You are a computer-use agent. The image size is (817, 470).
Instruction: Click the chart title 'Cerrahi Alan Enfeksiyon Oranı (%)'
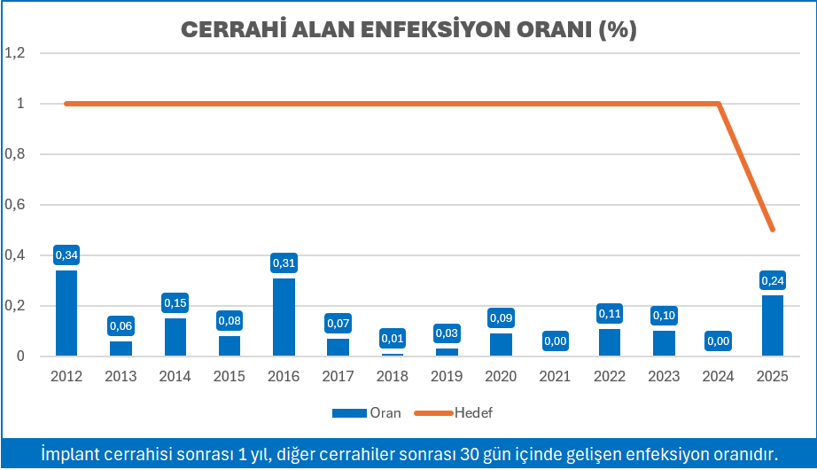(x=408, y=28)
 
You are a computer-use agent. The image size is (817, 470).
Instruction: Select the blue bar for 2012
(x=66, y=313)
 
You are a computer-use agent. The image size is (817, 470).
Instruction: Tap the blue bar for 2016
(x=284, y=317)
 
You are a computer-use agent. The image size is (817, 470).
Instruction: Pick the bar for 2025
(x=772, y=325)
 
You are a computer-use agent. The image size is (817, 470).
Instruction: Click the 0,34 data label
(x=66, y=255)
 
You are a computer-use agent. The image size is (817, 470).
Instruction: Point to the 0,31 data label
(x=284, y=263)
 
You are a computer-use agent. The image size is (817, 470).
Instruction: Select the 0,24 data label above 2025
(x=772, y=280)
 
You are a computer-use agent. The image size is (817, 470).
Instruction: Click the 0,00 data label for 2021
(x=555, y=341)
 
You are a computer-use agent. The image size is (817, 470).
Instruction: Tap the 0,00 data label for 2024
(x=718, y=341)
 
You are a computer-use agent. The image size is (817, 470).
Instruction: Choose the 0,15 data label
(x=175, y=303)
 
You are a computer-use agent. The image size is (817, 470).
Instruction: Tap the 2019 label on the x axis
(x=447, y=376)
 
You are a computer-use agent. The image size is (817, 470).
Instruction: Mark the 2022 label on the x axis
(x=609, y=376)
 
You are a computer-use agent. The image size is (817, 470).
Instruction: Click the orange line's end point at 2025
(x=772, y=230)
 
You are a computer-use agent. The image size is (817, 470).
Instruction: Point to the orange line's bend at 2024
(x=718, y=104)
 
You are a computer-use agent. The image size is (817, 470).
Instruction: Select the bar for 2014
(x=175, y=337)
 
